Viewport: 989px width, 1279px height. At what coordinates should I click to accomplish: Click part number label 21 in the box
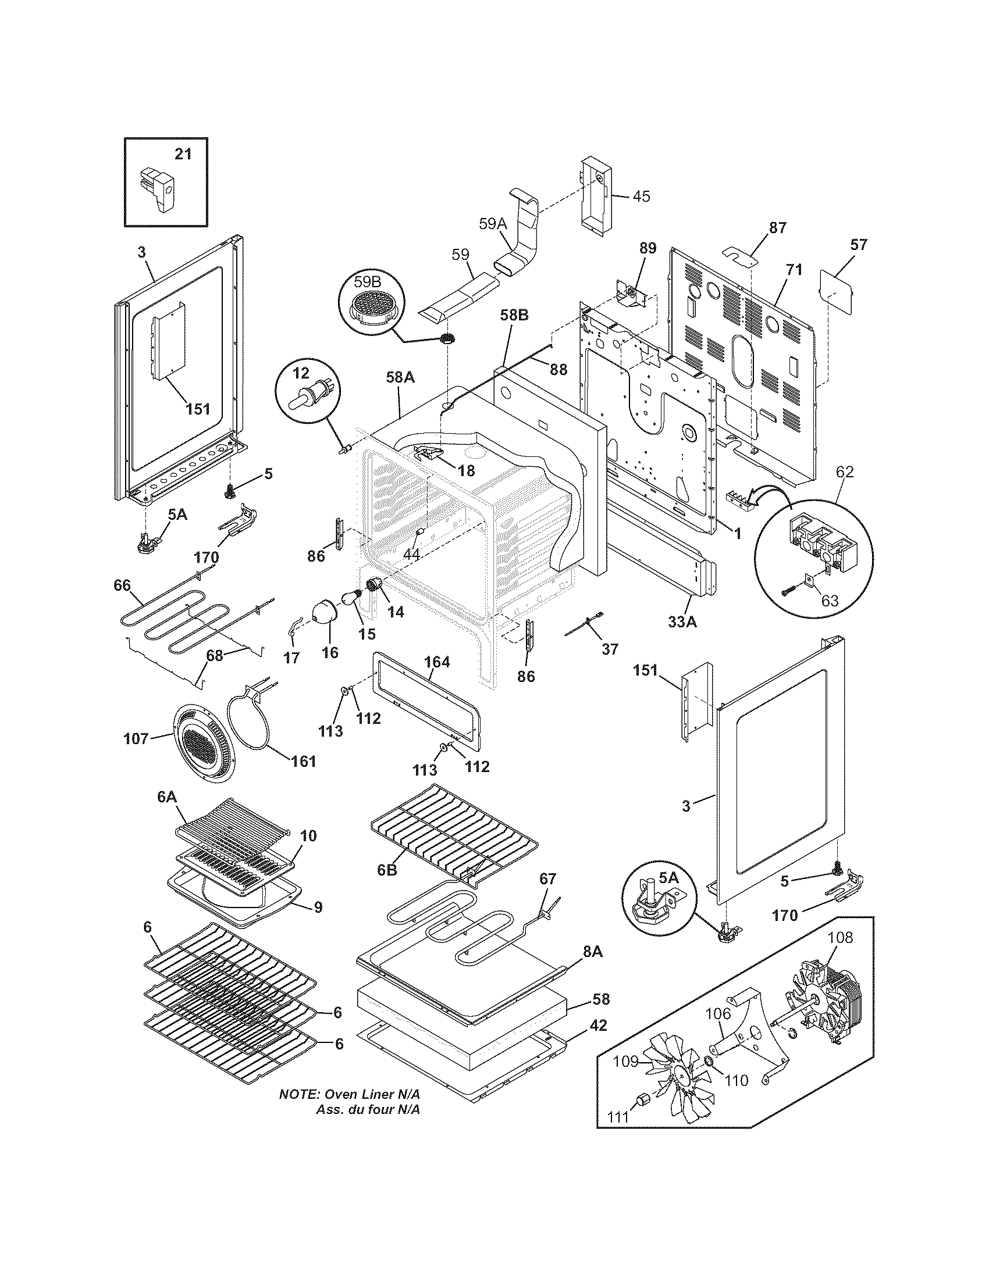tap(183, 154)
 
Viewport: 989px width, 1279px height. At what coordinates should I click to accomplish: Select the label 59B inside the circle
tap(367, 282)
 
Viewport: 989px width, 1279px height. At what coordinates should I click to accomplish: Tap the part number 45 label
tap(641, 196)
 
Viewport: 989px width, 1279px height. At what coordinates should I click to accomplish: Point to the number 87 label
tap(777, 228)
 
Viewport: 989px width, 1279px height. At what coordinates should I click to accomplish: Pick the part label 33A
tap(682, 623)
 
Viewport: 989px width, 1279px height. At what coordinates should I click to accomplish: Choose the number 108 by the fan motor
tap(840, 938)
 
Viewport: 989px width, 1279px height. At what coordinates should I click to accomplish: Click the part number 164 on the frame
tap(437, 662)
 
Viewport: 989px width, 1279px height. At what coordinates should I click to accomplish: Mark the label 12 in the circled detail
tap(300, 373)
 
